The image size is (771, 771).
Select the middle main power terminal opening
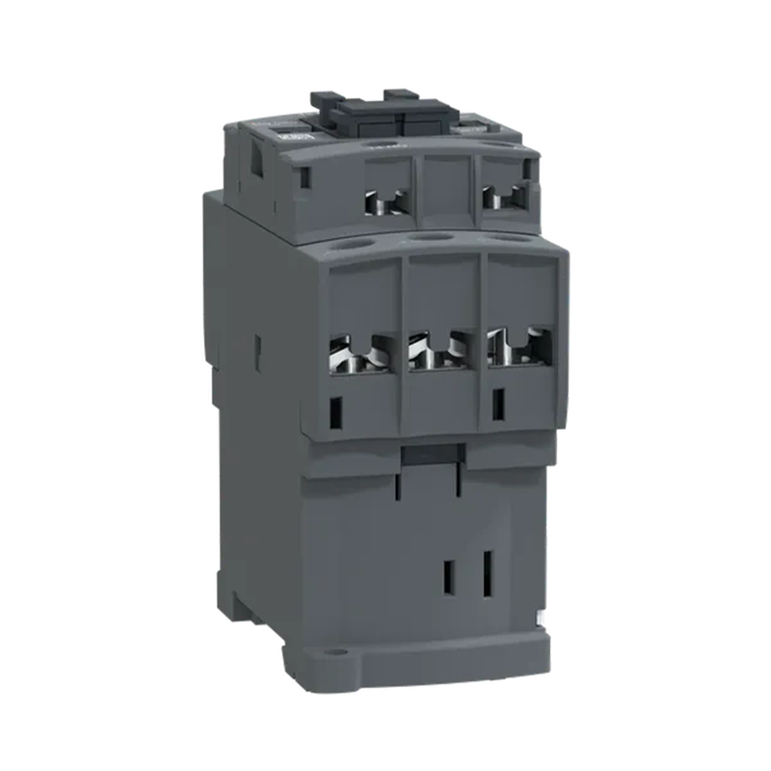[x=440, y=351]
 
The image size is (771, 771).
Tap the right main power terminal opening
[x=518, y=348]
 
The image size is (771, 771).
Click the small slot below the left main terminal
[x=336, y=412]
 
